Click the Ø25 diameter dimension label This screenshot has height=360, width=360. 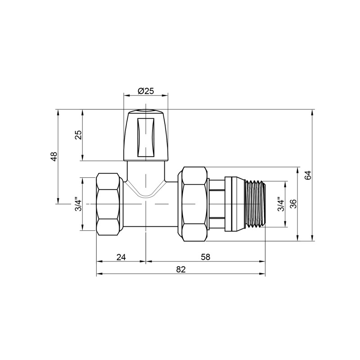pyautogui.click(x=145, y=90)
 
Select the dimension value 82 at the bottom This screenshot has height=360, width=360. pyautogui.click(x=180, y=269)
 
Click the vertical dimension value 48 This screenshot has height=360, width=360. pyautogui.click(x=54, y=157)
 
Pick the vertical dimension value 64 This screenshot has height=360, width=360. pyautogui.click(x=308, y=175)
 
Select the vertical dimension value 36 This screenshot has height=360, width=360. pyautogui.click(x=293, y=204)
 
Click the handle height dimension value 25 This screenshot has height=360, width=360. pyautogui.click(x=78, y=135)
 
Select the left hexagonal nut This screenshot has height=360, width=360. pyautogui.click(x=109, y=204)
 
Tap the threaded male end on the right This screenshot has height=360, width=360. pyautogui.click(x=256, y=204)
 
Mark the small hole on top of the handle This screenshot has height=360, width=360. pyautogui.click(x=145, y=111)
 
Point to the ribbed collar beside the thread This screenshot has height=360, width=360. pyautogui.click(x=234, y=204)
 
